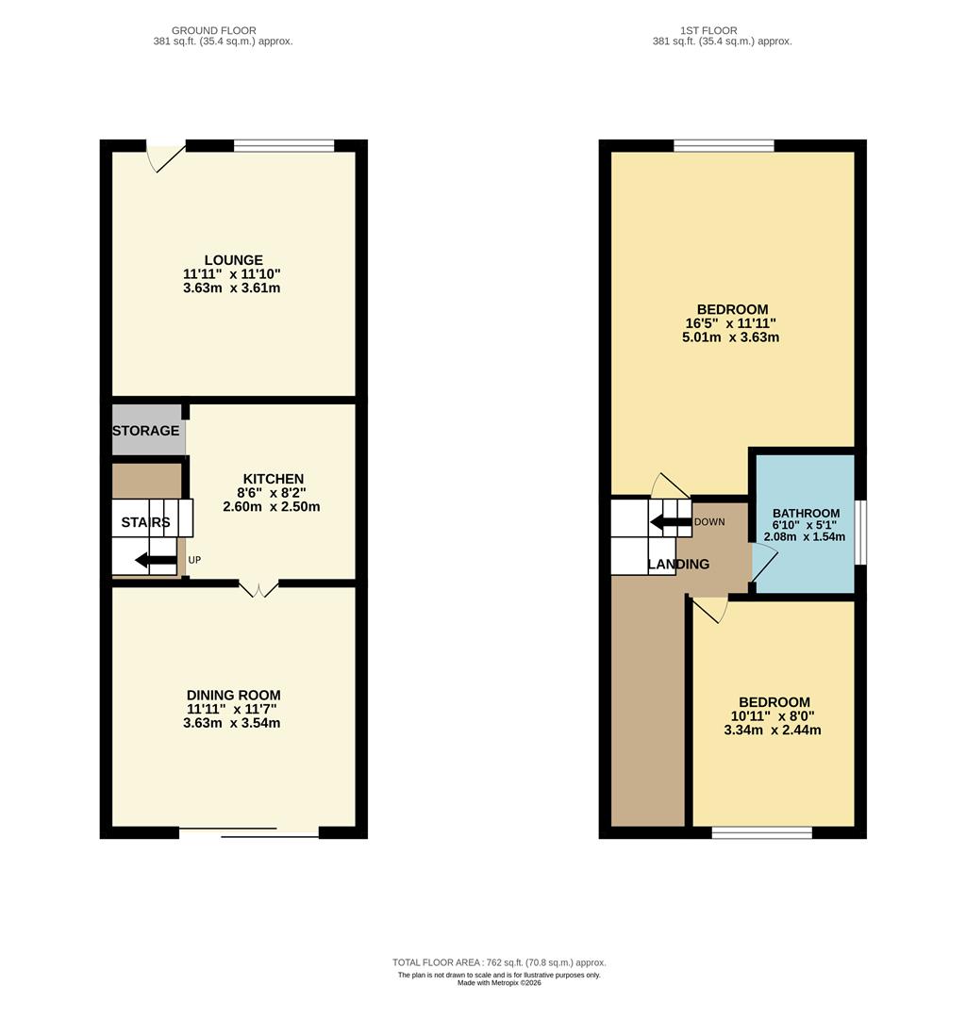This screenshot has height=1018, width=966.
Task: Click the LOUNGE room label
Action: click(x=233, y=260)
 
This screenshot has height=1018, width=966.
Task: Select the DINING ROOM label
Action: click(x=233, y=696)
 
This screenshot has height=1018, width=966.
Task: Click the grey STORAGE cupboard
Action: click(x=146, y=431)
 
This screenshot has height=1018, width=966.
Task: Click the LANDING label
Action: click(x=678, y=565)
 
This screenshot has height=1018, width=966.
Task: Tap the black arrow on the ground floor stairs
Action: click(x=154, y=562)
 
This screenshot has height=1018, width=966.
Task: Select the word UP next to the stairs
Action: click(x=194, y=560)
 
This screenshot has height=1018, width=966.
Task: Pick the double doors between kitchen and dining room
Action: click(x=258, y=590)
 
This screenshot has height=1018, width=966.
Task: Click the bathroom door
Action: click(x=763, y=567)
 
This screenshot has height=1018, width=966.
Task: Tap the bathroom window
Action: click(x=860, y=533)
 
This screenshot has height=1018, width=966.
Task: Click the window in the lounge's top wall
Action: click(x=284, y=145)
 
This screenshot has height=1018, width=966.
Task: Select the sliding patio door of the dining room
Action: click(x=249, y=832)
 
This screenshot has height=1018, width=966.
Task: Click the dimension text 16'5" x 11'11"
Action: click(x=731, y=323)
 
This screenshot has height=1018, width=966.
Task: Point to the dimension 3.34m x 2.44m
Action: click(x=773, y=730)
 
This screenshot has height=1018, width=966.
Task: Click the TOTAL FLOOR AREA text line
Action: click(x=499, y=962)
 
